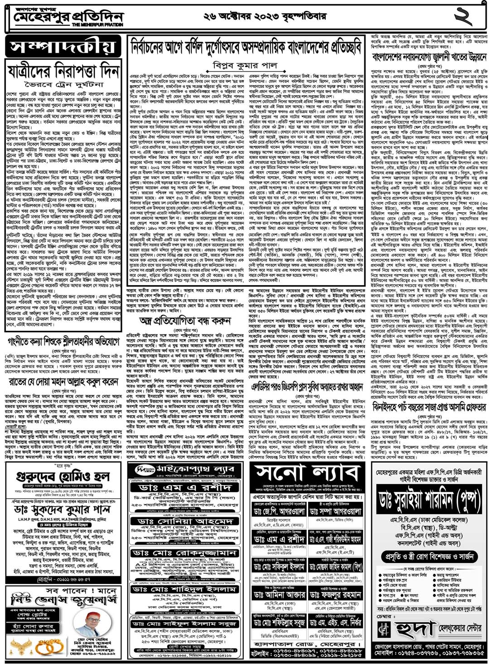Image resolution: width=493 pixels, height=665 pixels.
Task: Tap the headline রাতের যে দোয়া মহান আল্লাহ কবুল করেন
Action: click(63, 382)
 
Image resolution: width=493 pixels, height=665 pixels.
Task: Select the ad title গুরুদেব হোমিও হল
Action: click(63, 476)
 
